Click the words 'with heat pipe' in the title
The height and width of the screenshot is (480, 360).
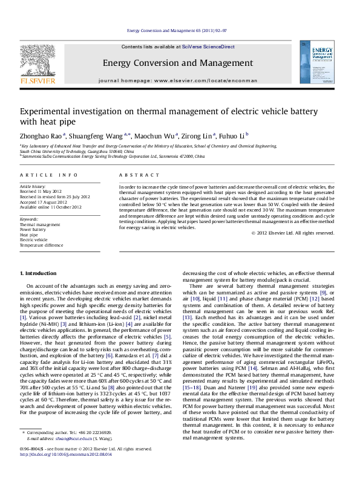tap(42, 121)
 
